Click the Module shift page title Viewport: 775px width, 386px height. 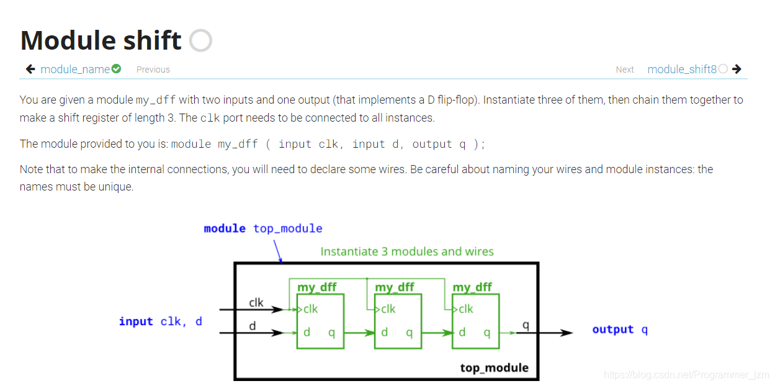tap(101, 40)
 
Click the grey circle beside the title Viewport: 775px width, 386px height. tap(200, 40)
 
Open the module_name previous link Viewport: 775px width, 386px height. tap(75, 70)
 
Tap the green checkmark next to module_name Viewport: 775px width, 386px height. tap(116, 69)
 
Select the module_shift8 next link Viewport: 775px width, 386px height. tap(682, 70)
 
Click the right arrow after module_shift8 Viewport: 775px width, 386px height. tap(737, 69)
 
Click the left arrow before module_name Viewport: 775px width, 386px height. tap(30, 69)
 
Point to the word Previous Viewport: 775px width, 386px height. tap(153, 70)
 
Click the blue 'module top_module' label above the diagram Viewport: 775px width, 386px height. tap(263, 228)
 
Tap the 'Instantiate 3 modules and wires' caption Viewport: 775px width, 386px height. tap(407, 251)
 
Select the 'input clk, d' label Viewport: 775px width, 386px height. tap(160, 321)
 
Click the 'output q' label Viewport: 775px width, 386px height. tap(620, 330)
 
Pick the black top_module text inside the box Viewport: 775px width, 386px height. tap(494, 367)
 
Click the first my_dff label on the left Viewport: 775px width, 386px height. tap(316, 287)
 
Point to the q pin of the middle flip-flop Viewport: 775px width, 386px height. tap(409, 333)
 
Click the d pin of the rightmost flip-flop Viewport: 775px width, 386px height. tap(462, 333)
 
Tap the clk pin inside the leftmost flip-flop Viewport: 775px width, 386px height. tap(310, 309)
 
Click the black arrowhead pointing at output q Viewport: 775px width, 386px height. tap(565, 333)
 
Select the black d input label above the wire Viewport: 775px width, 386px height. tap(253, 325)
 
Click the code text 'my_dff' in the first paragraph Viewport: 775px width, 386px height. tap(155, 100)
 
